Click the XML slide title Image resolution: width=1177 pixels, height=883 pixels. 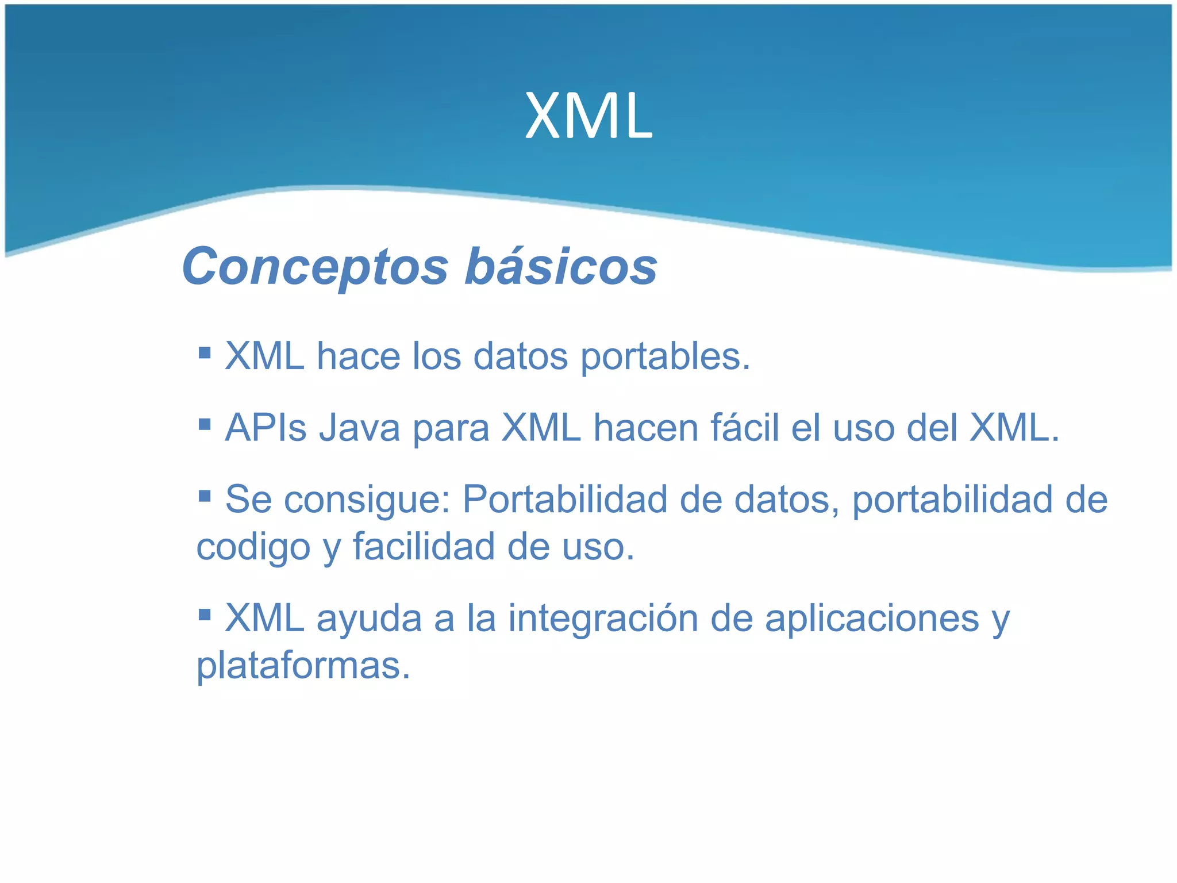(x=588, y=117)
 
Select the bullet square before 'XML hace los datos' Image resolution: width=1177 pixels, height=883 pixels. (x=205, y=352)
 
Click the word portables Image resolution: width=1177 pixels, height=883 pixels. (x=665, y=357)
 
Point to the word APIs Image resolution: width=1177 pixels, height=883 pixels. (x=266, y=428)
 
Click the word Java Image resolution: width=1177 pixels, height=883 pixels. (x=359, y=428)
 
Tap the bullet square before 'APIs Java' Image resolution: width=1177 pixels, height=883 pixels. (x=205, y=424)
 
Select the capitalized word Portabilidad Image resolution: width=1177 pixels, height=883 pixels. (x=564, y=499)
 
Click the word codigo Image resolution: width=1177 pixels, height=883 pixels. (x=253, y=547)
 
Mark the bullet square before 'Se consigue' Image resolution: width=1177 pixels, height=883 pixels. (x=205, y=495)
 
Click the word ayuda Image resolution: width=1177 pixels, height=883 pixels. (x=369, y=620)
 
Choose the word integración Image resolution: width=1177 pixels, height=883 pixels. (x=603, y=619)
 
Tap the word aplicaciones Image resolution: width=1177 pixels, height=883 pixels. (x=872, y=619)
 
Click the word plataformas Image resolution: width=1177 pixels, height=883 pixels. (x=303, y=666)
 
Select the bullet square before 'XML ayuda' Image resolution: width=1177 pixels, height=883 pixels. (x=205, y=615)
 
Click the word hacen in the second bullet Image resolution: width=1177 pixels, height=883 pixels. (x=645, y=428)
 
